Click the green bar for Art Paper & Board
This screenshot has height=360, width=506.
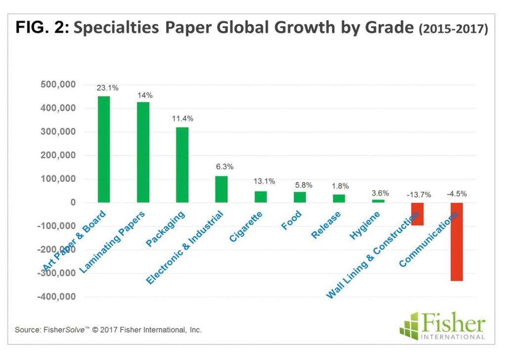pos(104,149)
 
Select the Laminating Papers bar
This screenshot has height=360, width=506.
pos(143,152)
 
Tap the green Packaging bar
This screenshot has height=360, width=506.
pos(182,165)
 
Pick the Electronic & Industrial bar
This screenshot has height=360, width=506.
pos(221,189)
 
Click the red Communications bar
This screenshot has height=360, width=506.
pos(456,241)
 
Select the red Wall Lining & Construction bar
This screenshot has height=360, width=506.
pos(418,214)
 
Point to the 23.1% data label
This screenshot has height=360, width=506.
pos(107,88)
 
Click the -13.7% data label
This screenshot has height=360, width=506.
pos(418,195)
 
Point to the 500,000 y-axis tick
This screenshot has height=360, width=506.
pos(57,85)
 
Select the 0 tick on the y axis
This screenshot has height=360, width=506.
pos(73,203)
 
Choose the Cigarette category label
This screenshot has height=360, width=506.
pos(246,226)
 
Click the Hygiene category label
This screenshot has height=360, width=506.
pos(365,225)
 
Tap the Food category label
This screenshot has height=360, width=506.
pos(292,221)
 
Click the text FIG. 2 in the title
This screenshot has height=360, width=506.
pos(42,28)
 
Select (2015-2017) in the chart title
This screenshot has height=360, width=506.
pos(453,29)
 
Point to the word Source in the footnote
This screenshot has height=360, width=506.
pos(26,329)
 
